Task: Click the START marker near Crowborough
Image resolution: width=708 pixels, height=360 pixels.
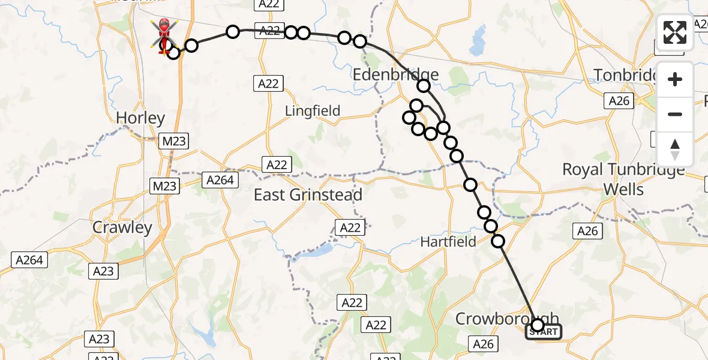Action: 544,332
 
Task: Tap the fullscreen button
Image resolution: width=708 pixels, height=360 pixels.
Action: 675,32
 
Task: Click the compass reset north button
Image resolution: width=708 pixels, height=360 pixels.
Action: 675,149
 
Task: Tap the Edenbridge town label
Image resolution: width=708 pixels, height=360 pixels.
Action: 395,75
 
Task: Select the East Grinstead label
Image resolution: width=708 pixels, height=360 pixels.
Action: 308,195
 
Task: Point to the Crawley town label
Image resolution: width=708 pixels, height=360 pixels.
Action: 122,228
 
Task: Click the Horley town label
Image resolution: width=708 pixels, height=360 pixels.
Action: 140,118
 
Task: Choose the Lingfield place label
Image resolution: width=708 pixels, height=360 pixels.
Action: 312,111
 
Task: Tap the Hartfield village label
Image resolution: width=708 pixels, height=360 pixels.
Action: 448,242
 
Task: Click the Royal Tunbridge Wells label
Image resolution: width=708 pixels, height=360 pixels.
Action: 623,179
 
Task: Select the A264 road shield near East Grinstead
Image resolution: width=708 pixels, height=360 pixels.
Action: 220,179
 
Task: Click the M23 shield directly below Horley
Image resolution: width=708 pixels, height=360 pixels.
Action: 174,142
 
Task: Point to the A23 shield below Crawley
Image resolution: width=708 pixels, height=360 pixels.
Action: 103,271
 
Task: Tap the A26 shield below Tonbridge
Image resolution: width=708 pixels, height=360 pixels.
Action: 619,101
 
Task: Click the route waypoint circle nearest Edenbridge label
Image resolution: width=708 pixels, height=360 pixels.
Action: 424,86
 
